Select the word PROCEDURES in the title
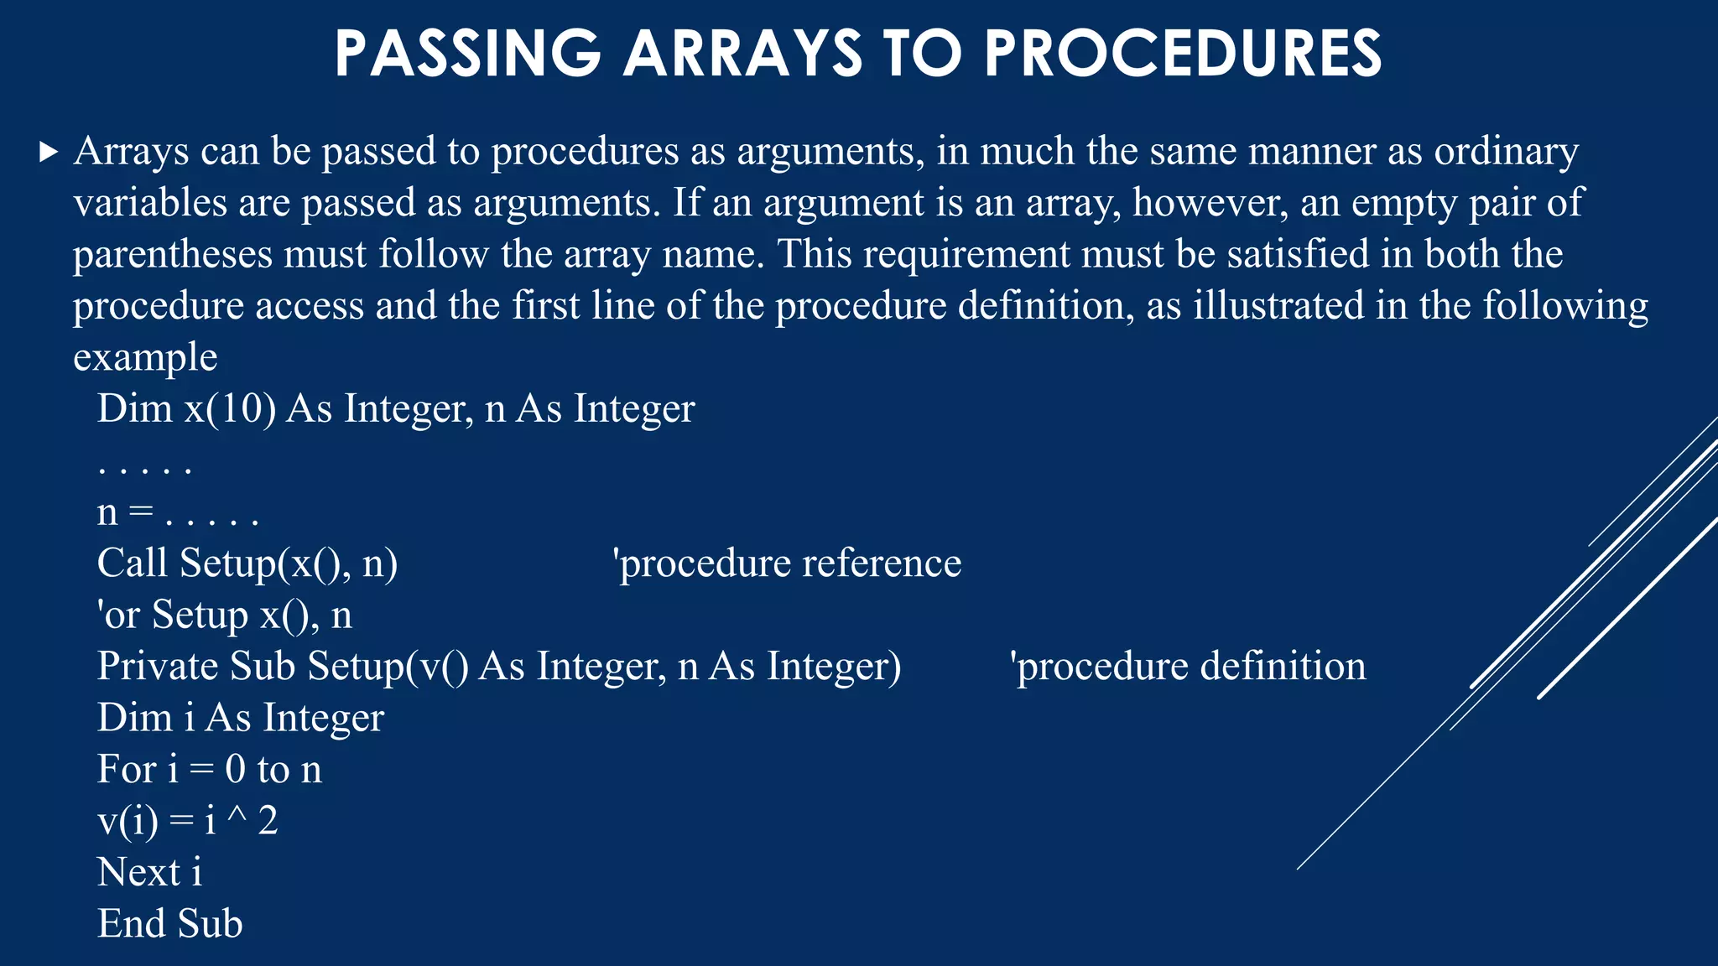click(1183, 54)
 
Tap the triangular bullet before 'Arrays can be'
click(49, 153)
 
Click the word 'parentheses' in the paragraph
click(173, 254)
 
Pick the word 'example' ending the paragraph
click(145, 357)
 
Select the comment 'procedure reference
click(788, 563)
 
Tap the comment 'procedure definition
click(1188, 667)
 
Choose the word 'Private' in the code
click(158, 667)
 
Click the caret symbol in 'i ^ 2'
click(237, 818)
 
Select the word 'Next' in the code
click(138, 872)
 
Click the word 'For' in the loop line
click(127, 770)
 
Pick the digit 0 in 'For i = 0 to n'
click(235, 770)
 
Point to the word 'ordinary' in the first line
click(1506, 153)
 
